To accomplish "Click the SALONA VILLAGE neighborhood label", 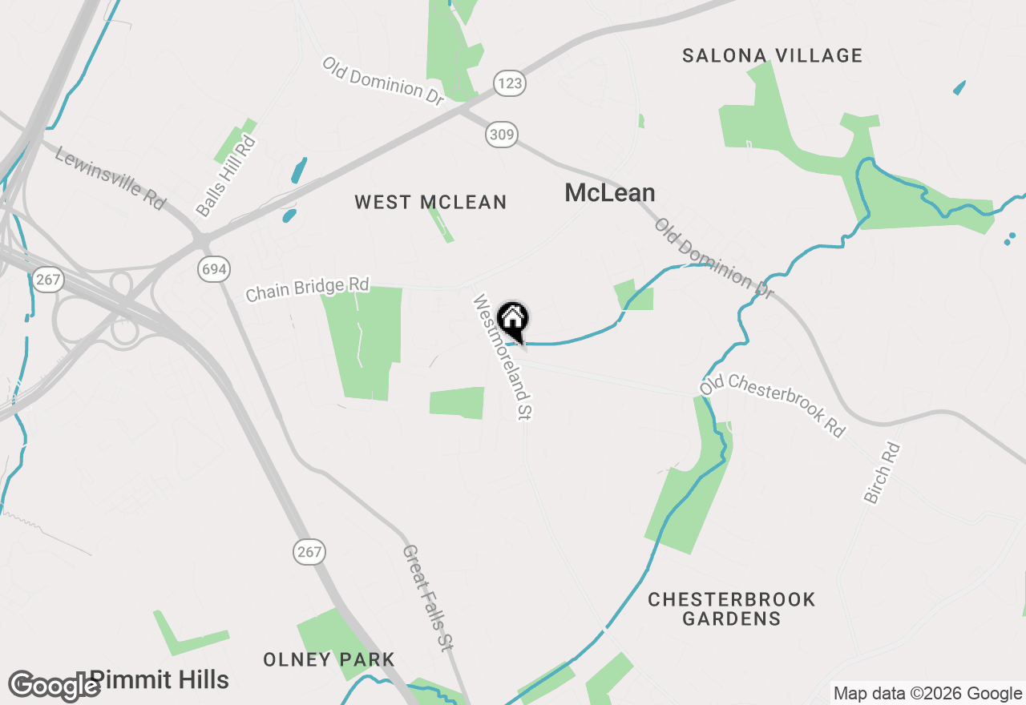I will coord(773,55).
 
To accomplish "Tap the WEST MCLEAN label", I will coord(430,202).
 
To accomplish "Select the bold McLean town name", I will coord(610,192).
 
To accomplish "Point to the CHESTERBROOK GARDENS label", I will coord(731,609).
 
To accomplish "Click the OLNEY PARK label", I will coord(329,659).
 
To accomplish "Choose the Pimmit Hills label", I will coord(160,680).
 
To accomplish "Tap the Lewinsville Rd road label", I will coord(110,178).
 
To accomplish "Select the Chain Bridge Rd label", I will coord(307,289).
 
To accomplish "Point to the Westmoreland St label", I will coord(503,357).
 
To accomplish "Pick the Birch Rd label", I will coord(883,473).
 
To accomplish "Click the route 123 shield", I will coord(509,83).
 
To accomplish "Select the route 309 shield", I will coord(501,135).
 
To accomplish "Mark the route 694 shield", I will coord(214,269).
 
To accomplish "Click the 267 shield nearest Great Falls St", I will coord(309,551).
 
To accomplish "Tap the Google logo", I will coord(54,686).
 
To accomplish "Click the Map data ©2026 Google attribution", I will coord(927,694).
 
